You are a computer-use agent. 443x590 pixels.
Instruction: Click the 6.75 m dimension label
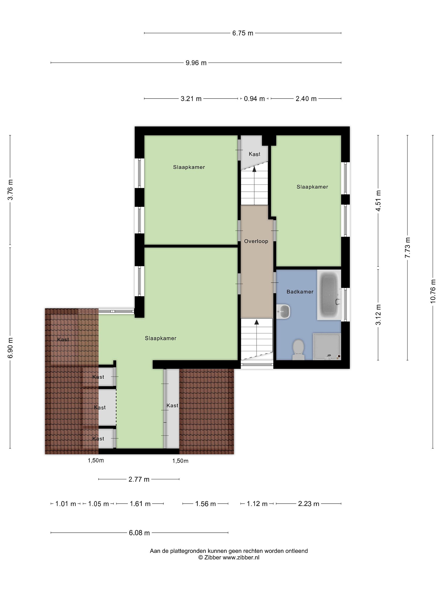coord(242,33)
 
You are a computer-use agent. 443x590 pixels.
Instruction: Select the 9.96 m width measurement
coord(196,63)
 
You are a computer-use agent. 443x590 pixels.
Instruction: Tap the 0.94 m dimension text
coord(254,99)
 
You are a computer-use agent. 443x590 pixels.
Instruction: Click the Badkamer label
coord(300,292)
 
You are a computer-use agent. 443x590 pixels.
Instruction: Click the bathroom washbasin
coord(283,311)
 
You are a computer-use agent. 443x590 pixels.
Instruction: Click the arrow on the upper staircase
coord(254,186)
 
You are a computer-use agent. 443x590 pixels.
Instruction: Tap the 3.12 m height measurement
coord(378,314)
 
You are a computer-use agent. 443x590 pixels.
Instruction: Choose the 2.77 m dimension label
coord(139,479)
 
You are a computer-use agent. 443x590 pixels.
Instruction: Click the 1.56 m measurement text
coord(205,504)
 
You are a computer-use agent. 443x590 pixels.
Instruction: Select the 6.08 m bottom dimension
coord(139,533)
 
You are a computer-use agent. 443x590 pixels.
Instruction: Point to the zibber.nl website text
coord(241,557)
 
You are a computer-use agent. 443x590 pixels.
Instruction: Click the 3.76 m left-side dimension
coord(10,190)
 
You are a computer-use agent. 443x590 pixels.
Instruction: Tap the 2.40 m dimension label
coord(306,99)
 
